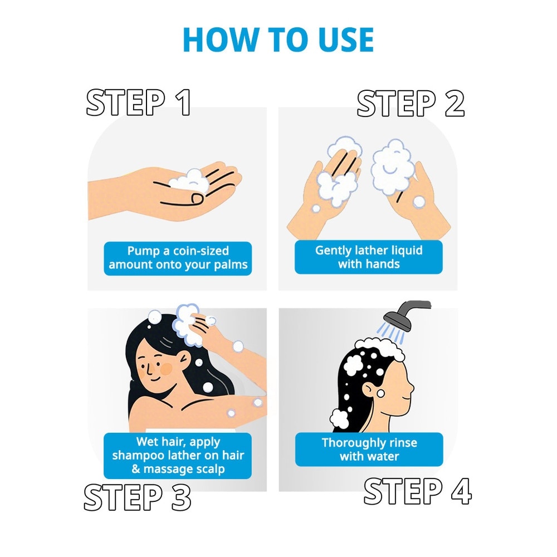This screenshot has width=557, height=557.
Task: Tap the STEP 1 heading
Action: [139, 102]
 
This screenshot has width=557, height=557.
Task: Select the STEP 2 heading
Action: [411, 103]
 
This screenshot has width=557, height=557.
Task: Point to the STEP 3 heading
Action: [138, 497]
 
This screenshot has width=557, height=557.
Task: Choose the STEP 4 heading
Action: [418, 491]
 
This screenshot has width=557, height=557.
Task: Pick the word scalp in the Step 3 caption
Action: [211, 469]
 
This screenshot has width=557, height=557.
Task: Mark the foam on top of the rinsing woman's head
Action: [380, 348]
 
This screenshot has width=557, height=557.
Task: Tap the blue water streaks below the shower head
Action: [390, 333]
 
